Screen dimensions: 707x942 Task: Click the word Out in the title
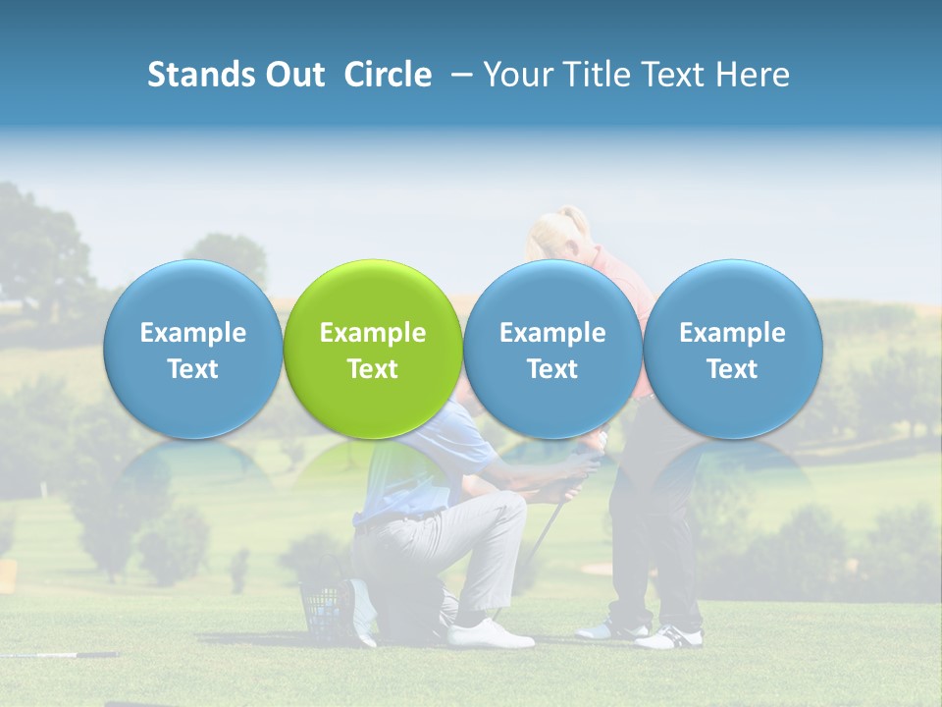coord(293,75)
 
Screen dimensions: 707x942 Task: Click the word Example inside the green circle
coord(373,333)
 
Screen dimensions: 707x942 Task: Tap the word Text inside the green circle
coord(373,369)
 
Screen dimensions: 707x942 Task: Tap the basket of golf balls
coord(324,609)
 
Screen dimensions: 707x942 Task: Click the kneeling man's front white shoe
coord(491,633)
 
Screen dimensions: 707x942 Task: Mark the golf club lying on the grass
coord(59,654)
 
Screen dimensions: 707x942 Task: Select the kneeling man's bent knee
coord(510,511)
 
